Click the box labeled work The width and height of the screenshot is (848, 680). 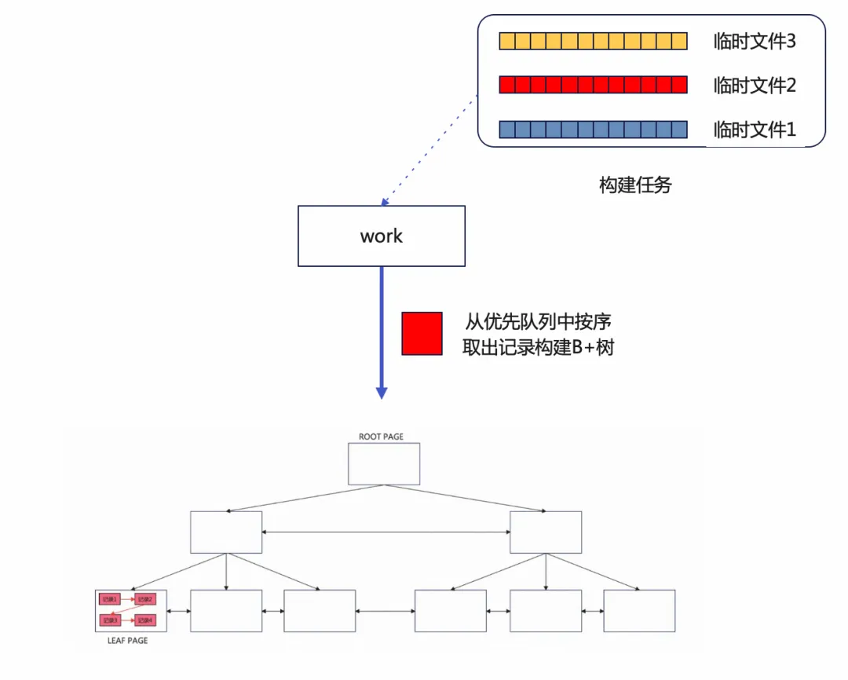(381, 236)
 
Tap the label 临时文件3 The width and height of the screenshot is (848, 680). (754, 41)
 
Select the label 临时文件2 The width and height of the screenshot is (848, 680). (754, 85)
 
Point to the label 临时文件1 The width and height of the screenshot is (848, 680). (754, 130)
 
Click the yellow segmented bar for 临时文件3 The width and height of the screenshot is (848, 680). (593, 41)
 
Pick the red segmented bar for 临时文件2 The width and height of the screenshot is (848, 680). (593, 85)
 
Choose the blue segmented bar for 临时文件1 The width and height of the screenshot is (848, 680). (593, 130)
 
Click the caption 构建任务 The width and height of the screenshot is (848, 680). (635, 185)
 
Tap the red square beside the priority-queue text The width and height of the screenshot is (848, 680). (422, 334)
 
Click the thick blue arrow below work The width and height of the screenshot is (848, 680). (382, 330)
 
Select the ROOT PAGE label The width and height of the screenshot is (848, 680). (381, 437)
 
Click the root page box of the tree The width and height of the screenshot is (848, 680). (384, 463)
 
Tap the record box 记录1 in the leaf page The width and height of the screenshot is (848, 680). (109, 600)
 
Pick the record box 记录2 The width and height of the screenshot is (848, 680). (145, 600)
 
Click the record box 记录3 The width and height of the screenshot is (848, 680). (109, 620)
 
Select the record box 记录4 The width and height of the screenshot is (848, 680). (145, 620)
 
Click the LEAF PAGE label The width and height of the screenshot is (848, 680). (126, 641)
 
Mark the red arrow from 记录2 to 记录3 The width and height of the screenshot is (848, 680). (127, 610)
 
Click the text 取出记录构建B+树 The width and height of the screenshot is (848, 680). (538, 347)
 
